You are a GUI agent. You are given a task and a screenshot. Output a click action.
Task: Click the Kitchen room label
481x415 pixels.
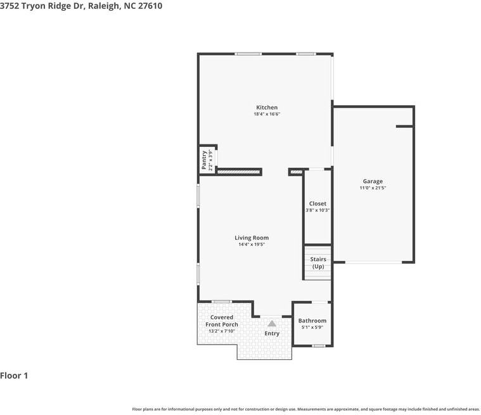point(267,107)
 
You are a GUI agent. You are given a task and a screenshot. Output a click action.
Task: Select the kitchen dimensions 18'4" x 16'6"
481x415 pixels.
point(267,114)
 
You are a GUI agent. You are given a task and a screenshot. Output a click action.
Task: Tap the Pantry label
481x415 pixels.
point(204,159)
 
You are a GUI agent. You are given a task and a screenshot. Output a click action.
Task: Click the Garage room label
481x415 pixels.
point(373,181)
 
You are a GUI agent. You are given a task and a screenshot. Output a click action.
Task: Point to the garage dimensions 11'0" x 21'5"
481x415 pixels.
point(373,188)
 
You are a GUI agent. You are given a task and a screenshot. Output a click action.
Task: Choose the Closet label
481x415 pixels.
point(317,203)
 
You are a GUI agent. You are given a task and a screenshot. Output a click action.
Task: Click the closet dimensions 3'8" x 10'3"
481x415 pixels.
point(317,210)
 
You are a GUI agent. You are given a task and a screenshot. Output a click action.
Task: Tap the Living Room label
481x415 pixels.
point(252,238)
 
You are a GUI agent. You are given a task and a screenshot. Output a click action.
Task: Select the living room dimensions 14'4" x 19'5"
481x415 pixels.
point(252,245)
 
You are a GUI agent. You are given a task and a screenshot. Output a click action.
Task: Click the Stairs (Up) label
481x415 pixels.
point(318,263)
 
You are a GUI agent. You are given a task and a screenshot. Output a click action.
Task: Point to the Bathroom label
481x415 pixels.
point(312,321)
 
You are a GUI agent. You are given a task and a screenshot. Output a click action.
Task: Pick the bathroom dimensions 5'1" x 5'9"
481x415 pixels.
point(312,328)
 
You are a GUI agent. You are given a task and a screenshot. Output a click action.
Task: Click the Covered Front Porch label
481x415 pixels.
point(222,321)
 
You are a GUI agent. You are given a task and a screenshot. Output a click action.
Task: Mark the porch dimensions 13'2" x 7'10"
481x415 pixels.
point(222,331)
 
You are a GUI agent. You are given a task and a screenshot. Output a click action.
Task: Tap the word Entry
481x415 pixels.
point(272,333)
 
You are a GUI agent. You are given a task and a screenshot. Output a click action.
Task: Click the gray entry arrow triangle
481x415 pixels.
point(272,323)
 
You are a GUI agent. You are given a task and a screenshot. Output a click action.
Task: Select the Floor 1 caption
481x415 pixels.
point(14,376)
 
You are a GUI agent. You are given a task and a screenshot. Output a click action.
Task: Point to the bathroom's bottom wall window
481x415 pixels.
point(318,345)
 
